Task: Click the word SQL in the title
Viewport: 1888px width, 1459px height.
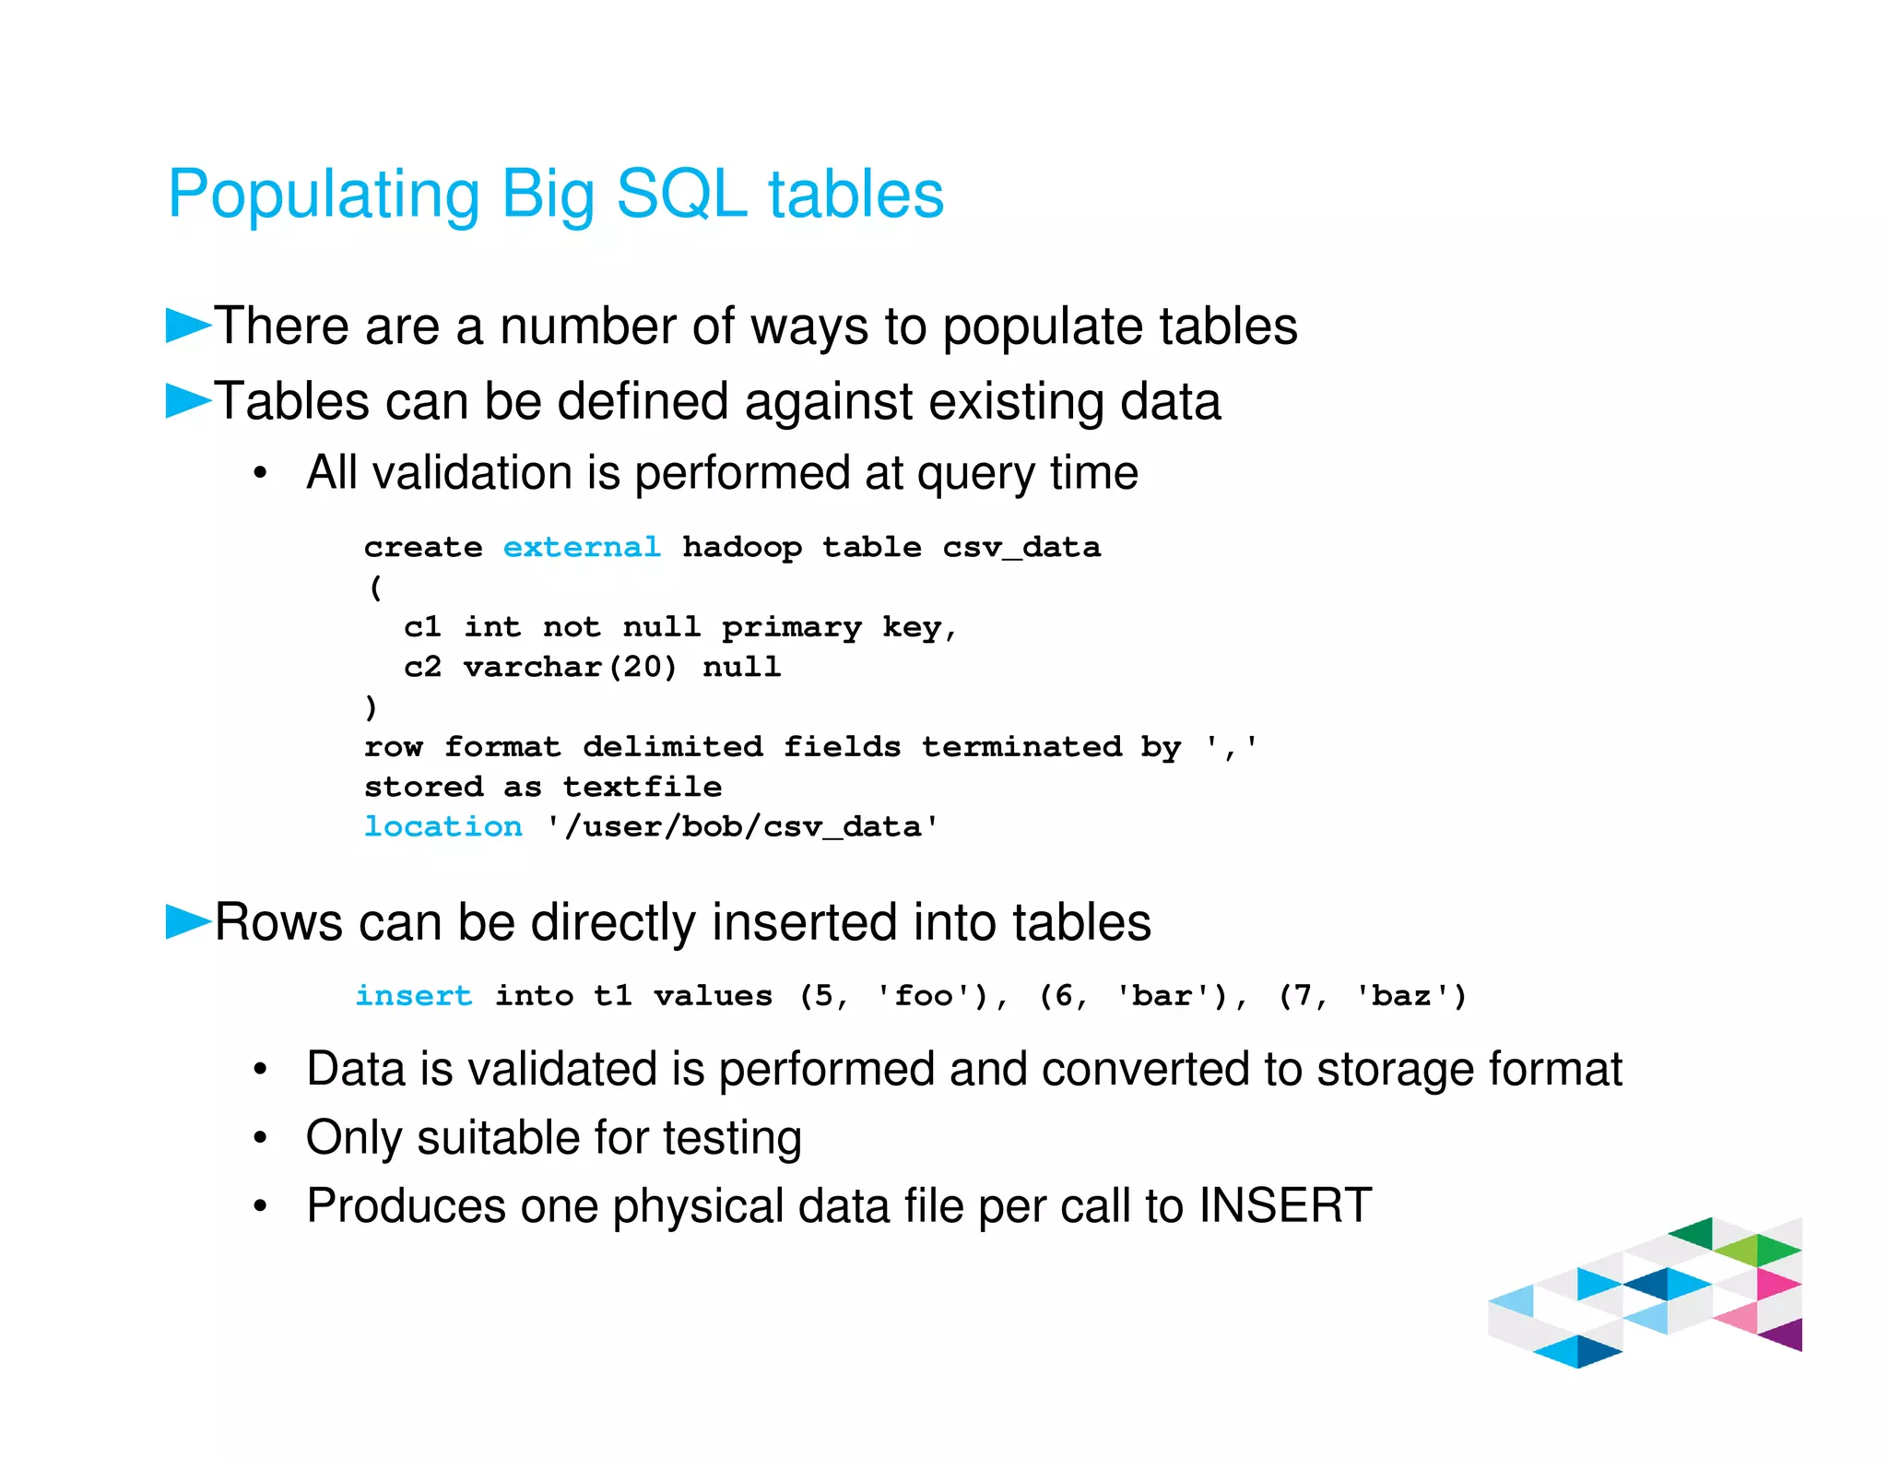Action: [x=680, y=195]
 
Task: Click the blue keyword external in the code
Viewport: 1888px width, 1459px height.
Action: [x=582, y=547]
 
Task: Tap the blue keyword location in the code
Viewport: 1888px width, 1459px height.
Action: [x=442, y=826]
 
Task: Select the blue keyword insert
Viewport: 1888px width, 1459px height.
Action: [x=414, y=996]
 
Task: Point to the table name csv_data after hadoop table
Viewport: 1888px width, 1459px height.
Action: [x=1021, y=547]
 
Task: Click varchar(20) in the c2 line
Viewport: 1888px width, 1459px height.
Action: [x=570, y=667]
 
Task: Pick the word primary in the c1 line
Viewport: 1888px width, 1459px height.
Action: [x=791, y=628]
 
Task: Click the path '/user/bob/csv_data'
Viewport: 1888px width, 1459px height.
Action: [x=742, y=826]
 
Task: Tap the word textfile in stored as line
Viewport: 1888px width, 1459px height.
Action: [x=643, y=787]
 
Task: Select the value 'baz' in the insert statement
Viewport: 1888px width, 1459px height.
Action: [x=1401, y=996]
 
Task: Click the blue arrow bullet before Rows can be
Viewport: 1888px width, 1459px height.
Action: [x=188, y=921]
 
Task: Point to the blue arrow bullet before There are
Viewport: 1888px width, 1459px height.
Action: [x=188, y=326]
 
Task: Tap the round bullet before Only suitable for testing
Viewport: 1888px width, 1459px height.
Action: [x=261, y=1138]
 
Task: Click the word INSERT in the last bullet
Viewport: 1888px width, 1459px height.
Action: [x=1285, y=1205]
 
